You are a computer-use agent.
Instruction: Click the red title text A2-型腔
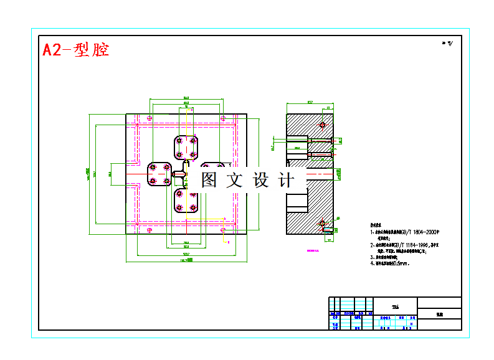click(75, 50)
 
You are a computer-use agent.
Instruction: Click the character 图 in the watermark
click(209, 181)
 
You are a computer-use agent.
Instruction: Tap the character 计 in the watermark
click(287, 181)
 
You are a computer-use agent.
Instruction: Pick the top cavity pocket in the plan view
click(186, 147)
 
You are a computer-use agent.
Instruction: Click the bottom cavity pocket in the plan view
click(186, 200)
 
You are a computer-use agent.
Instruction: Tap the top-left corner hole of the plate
click(150, 117)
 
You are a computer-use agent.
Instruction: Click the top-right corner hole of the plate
click(222, 117)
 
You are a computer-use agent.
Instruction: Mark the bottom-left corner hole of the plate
click(150, 230)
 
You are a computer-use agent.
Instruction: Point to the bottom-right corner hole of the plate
click(222, 230)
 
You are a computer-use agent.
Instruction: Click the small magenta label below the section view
click(313, 252)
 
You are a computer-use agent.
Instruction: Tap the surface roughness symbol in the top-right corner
click(447, 44)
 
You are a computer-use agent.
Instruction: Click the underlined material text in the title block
click(395, 307)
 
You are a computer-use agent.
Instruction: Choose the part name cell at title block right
click(440, 315)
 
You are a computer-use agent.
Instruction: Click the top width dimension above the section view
click(310, 102)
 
